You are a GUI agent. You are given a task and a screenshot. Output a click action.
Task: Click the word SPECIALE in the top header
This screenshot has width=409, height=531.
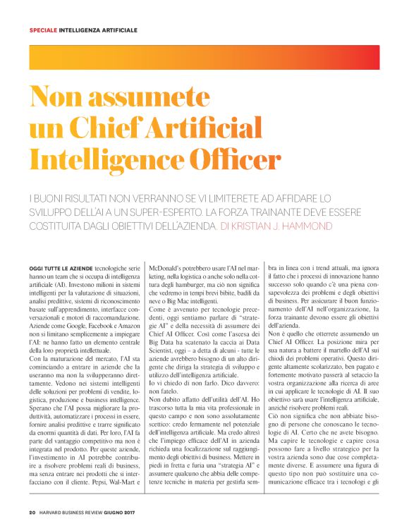(x=42, y=30)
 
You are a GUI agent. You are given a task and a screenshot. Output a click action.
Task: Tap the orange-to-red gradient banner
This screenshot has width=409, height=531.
(x=204, y=56)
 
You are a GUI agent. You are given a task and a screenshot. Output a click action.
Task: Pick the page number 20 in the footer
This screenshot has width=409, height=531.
(x=32, y=513)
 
